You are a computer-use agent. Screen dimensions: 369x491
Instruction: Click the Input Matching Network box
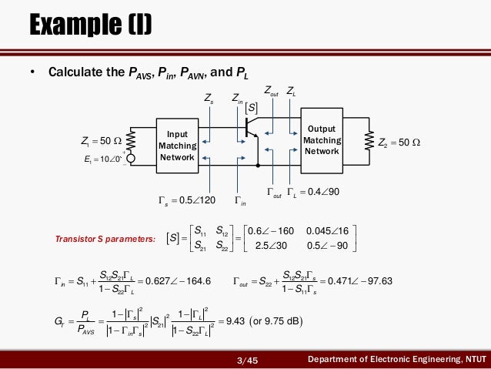click(177, 146)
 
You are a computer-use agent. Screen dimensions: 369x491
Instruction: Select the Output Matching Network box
click(322, 140)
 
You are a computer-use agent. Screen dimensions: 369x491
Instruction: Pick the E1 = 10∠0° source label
click(101, 160)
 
